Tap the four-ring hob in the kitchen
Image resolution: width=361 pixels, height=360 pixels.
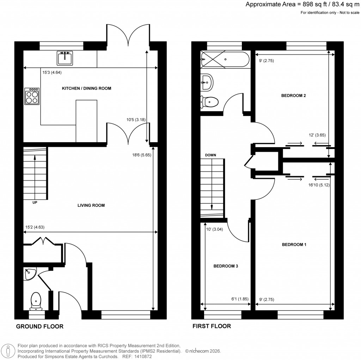[32, 96]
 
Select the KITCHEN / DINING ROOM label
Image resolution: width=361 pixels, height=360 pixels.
[86, 88]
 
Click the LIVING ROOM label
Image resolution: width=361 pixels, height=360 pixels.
[91, 205]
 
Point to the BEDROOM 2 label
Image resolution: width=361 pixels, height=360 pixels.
[293, 96]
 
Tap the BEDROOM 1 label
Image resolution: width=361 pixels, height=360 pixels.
[294, 244]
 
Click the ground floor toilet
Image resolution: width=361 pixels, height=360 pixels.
[36, 301]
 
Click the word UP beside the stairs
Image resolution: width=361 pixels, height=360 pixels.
[35, 203]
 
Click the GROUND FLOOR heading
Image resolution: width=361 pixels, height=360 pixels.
[40, 326]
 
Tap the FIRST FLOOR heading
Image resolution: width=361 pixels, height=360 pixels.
[212, 326]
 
